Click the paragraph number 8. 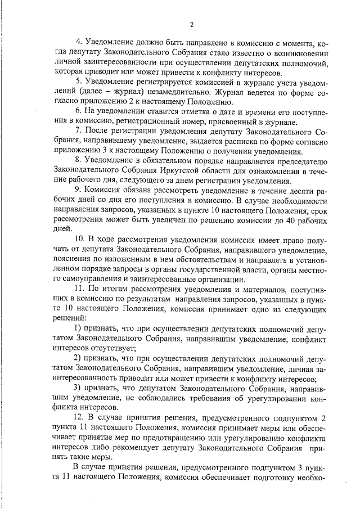click(x=78, y=161)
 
